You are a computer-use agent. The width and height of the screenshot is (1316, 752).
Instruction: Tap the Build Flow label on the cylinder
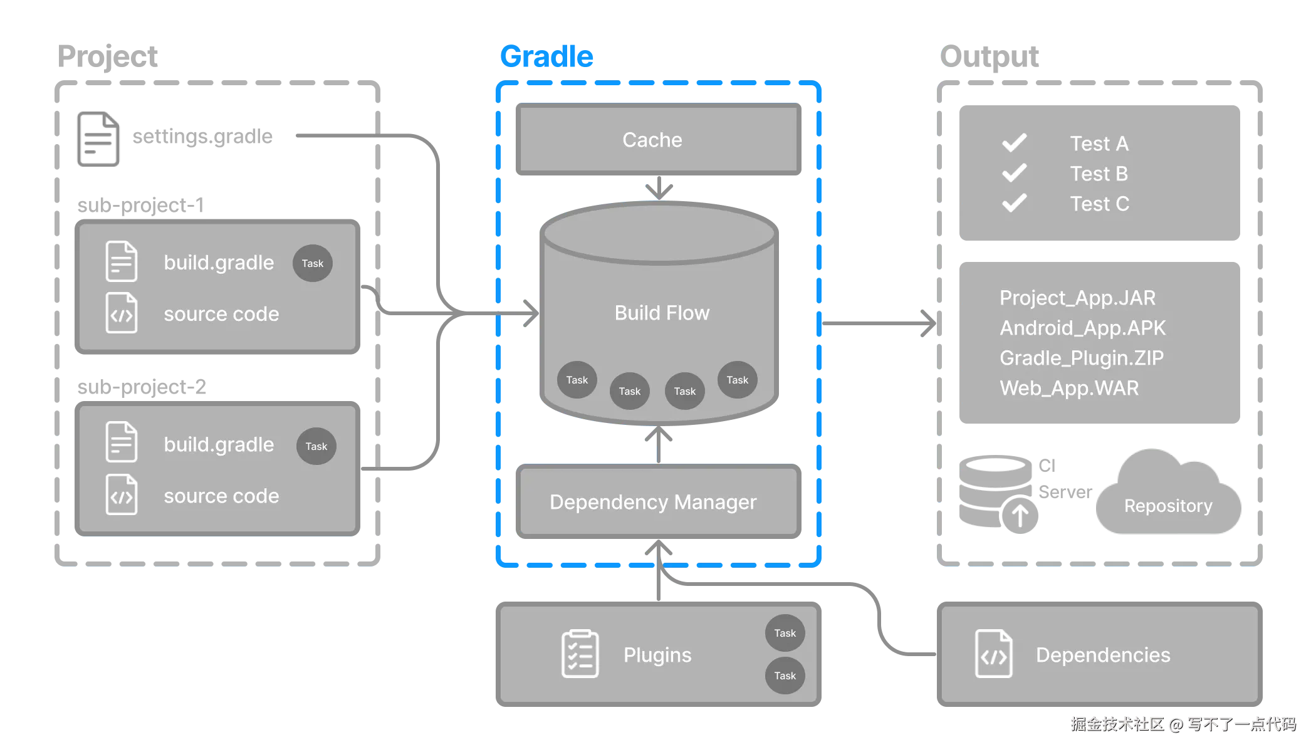coord(662,313)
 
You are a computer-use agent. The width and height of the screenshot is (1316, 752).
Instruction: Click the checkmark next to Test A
coord(1014,143)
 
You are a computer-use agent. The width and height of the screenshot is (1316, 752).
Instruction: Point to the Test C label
coord(1099,204)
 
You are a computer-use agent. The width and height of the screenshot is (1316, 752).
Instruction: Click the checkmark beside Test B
coord(1014,173)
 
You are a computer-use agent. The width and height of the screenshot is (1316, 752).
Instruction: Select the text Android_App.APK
coord(1082,328)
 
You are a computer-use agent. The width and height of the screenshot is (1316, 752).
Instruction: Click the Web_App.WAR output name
coord(1069,388)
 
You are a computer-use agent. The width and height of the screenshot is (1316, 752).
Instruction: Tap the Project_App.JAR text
coord(1077,298)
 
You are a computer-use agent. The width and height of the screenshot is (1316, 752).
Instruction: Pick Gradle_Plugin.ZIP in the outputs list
coord(1081,358)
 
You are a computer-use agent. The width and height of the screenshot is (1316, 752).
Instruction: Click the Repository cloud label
coord(1167,506)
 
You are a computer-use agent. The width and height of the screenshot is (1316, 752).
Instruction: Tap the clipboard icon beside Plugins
coord(580,654)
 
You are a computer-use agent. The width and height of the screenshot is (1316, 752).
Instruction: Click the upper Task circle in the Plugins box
coord(785,633)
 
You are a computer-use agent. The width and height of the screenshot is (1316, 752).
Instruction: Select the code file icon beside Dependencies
coord(993,654)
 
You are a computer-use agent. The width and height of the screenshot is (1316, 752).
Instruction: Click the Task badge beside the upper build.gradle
coord(312,263)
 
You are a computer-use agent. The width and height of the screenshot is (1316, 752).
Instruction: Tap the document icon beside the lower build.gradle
coord(122,442)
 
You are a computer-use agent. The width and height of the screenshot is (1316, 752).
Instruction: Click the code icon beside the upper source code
coord(122,313)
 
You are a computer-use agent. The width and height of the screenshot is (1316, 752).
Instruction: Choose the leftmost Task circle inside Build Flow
coord(577,380)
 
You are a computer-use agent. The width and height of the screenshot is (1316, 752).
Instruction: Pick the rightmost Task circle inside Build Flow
coord(737,380)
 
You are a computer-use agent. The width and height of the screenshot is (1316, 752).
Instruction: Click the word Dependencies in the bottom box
coord(1103,655)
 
